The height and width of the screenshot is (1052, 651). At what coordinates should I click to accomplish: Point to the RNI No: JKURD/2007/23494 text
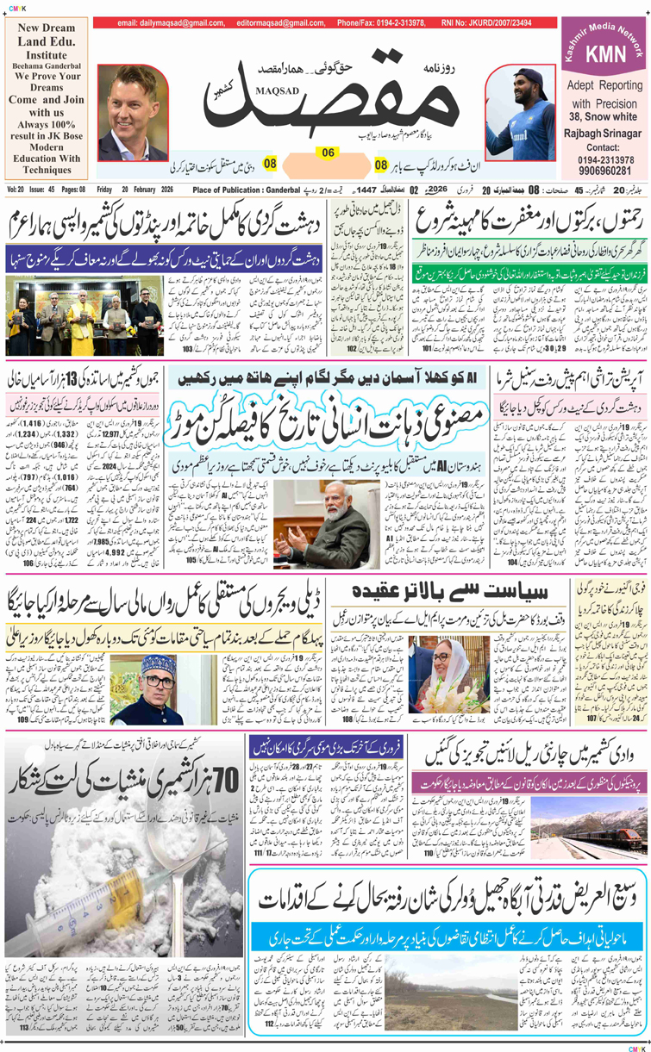tap(487, 22)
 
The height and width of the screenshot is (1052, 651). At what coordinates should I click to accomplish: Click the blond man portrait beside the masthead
tap(133, 112)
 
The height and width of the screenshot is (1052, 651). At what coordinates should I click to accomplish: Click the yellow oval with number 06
tap(328, 153)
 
